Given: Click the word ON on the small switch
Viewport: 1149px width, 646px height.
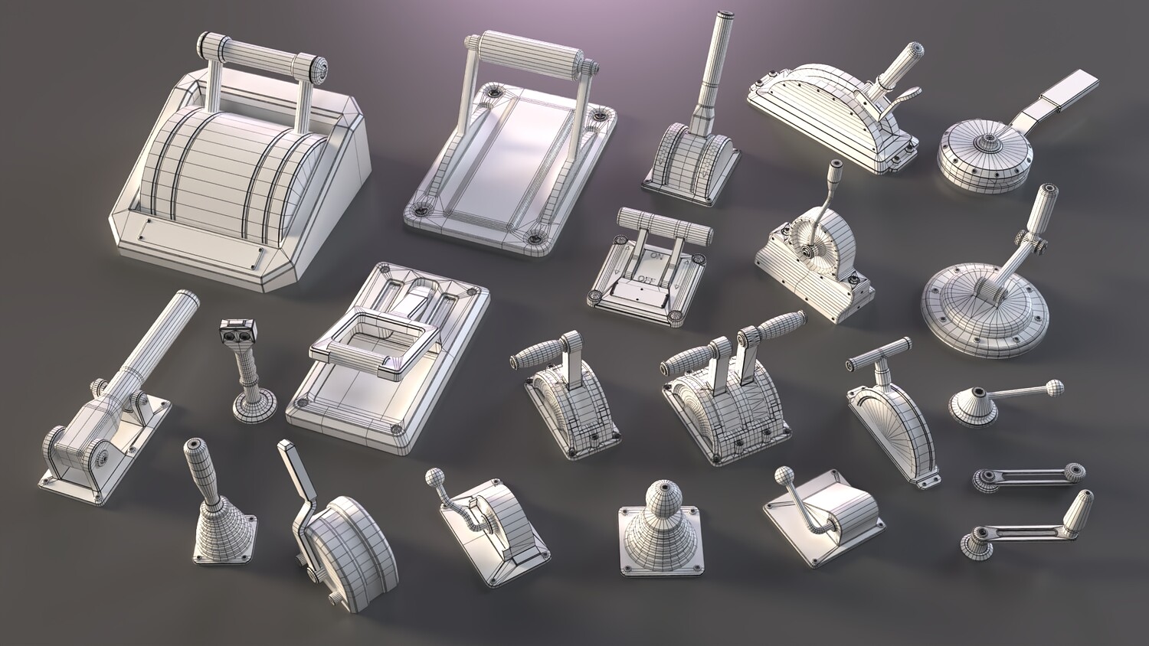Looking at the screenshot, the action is [x=656, y=255].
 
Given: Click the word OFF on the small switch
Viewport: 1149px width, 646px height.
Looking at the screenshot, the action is [x=645, y=279].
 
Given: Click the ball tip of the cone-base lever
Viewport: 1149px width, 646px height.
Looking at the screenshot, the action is [x=1053, y=387].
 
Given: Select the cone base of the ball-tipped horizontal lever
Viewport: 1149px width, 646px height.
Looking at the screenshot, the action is [x=972, y=408].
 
